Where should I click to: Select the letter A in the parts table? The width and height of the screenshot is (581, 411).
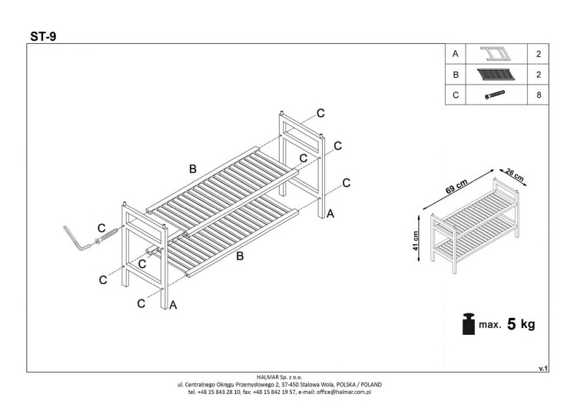tap(456, 55)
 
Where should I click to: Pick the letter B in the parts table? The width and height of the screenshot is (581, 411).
tap(456, 75)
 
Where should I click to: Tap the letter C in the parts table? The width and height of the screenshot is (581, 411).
tap(456, 95)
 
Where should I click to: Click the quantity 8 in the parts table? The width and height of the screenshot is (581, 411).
tap(538, 95)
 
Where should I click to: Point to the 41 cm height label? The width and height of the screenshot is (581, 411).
tap(415, 242)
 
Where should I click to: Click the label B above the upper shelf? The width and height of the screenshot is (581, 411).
tap(193, 169)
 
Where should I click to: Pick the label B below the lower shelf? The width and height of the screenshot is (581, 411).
tap(240, 256)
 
